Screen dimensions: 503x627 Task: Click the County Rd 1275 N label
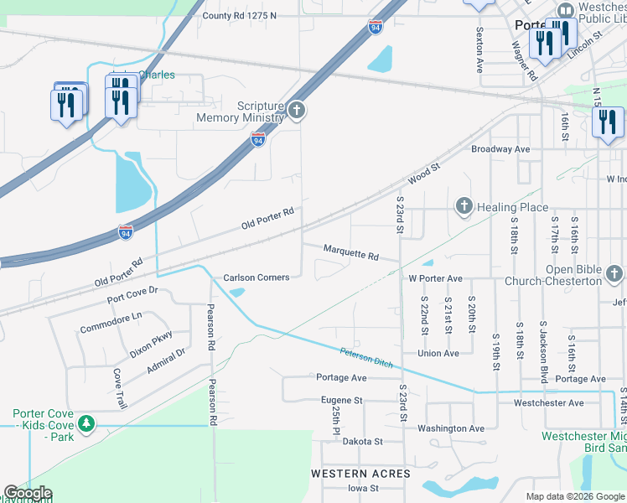[239, 16]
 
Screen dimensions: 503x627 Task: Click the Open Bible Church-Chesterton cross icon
[614, 274]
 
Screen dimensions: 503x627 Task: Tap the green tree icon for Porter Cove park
[85, 425]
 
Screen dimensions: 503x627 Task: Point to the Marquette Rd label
[351, 251]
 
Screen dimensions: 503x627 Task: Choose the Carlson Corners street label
[256, 277]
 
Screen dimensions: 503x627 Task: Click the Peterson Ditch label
[366, 356]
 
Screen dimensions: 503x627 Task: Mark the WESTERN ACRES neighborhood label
[360, 474]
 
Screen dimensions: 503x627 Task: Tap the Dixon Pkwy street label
[151, 345]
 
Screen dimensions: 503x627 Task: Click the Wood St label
[424, 174]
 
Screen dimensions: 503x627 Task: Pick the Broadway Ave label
[500, 149]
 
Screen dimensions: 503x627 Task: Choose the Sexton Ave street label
[479, 50]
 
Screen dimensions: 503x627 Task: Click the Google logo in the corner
[27, 493]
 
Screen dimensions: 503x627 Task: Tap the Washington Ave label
[452, 428]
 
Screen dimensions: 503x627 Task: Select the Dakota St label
[361, 441]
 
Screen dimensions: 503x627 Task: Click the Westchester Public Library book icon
[566, 12]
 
